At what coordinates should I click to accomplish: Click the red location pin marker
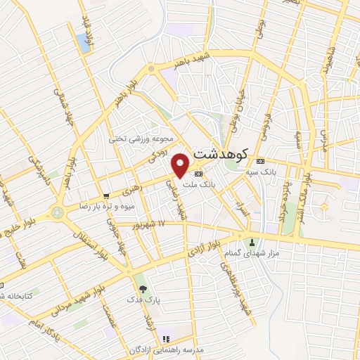(x=181, y=165)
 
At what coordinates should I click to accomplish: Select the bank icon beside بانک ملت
(x=199, y=173)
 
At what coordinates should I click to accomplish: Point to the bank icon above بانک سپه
(x=260, y=160)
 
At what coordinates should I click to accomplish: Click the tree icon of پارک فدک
(x=143, y=289)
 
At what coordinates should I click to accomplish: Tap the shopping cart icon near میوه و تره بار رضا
(x=105, y=195)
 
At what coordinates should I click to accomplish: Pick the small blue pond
(x=86, y=43)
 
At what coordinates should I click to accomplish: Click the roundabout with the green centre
(x=57, y=212)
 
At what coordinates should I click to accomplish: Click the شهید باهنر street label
(x=174, y=64)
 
